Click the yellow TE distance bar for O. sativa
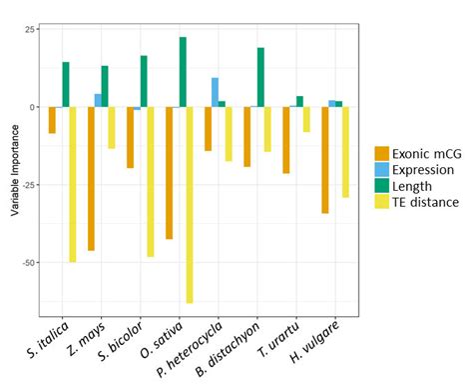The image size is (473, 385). (x=190, y=204)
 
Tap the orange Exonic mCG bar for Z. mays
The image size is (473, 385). (x=91, y=178)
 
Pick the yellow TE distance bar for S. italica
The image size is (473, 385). (x=73, y=184)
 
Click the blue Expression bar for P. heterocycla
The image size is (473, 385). (x=215, y=92)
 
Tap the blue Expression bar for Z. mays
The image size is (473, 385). (x=98, y=100)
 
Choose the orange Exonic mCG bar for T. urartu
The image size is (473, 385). (x=286, y=140)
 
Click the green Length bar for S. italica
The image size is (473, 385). (x=66, y=84)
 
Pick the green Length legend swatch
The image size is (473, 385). (x=382, y=186)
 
